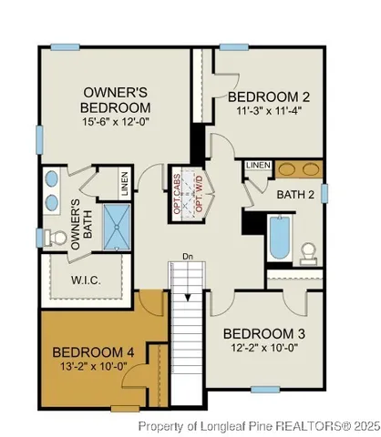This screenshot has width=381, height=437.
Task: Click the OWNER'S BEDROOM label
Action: pos(116,99)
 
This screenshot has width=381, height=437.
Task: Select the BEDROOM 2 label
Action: pos(270,97)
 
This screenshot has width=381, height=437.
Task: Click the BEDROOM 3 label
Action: pos(269,333)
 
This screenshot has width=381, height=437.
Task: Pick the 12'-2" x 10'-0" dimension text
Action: pos(269,349)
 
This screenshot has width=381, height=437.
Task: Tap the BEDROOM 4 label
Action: pos(95,351)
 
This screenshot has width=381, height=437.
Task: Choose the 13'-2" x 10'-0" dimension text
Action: pos(95,366)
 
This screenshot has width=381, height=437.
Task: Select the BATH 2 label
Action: pos(297,194)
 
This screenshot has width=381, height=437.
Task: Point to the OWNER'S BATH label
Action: pos(81,218)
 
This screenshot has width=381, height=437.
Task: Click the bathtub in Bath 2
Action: pos(278,238)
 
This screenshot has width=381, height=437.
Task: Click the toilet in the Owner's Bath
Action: pos(50,238)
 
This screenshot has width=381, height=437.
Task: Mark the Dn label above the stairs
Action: pos(187,257)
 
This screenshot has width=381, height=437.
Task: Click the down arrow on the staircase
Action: pos(187,295)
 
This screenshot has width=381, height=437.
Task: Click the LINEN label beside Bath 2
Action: pos(258,165)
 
